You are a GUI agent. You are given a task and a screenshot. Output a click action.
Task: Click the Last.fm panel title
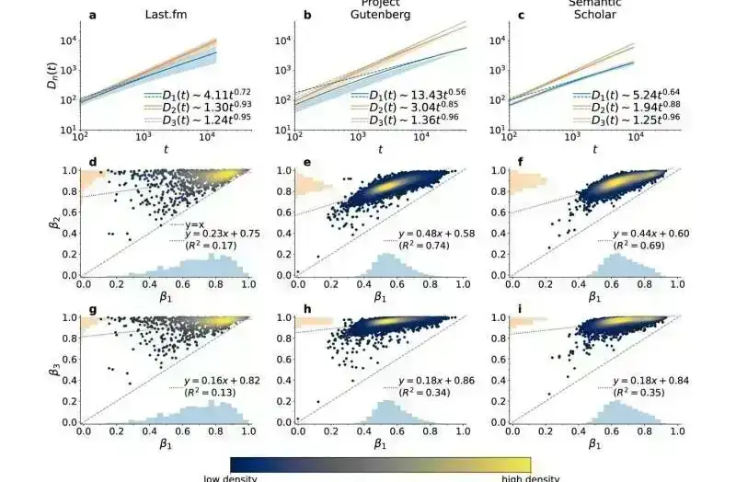tap(168, 16)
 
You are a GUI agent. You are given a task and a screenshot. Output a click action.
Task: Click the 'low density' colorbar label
tap(230, 477)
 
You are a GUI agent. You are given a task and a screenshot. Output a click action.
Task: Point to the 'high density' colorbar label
tap(529, 477)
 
